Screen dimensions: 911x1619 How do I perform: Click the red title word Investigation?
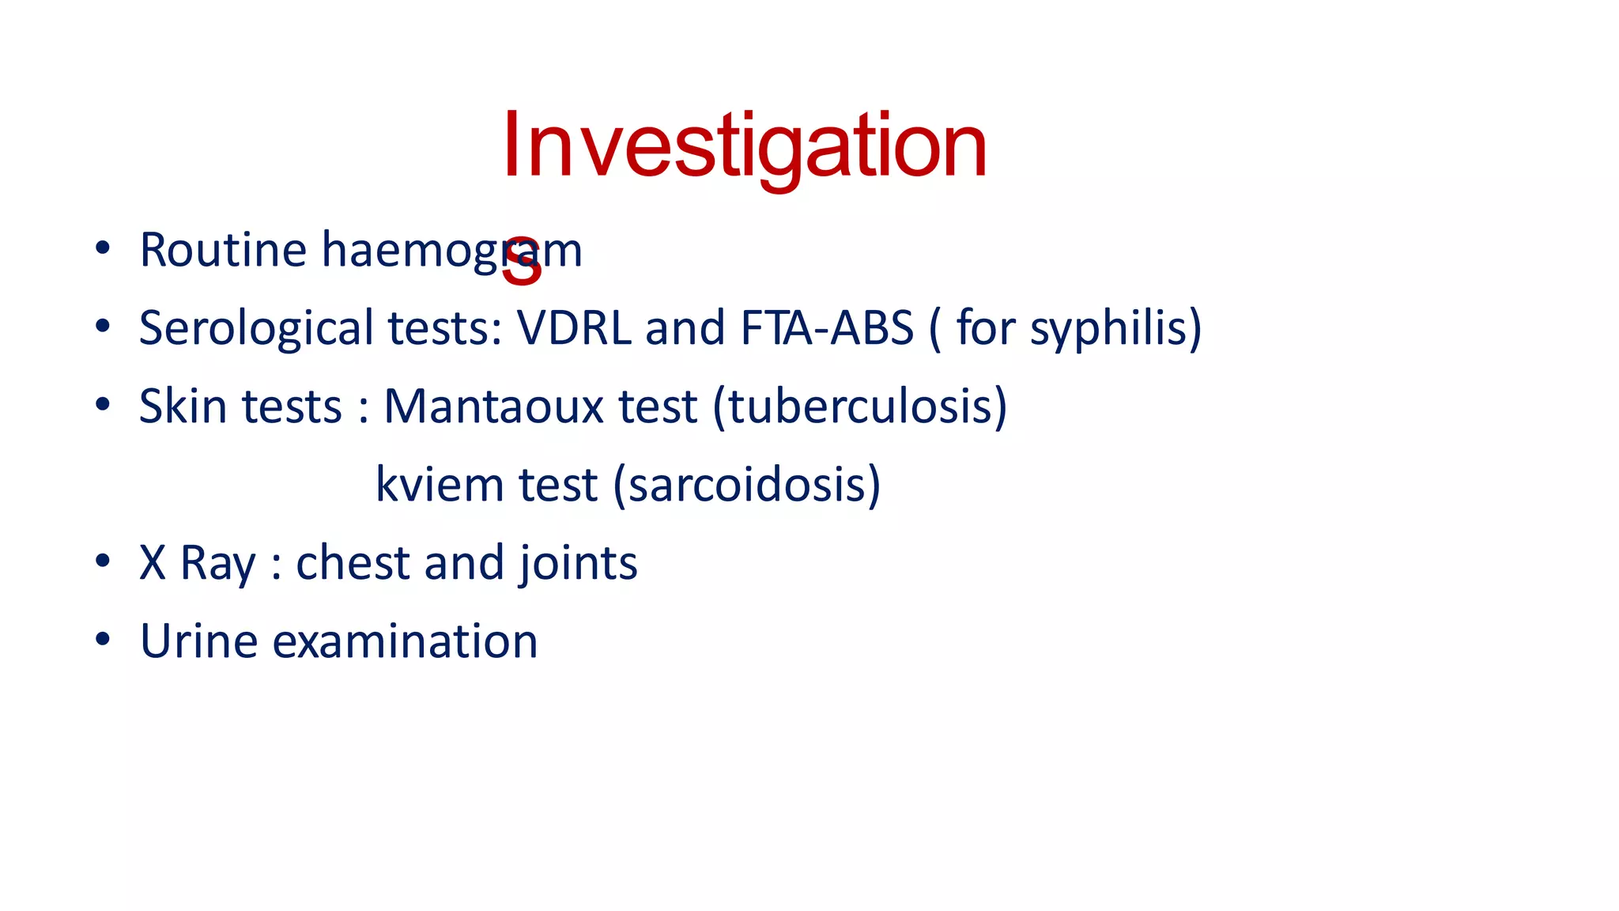(743, 146)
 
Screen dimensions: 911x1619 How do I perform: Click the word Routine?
(223, 250)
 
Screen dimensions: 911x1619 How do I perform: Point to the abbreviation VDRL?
(574, 328)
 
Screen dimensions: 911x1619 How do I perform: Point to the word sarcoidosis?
(746, 484)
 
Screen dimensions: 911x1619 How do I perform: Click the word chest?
(353, 563)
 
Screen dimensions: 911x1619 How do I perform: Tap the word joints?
(578, 563)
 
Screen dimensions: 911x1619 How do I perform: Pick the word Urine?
(198, 641)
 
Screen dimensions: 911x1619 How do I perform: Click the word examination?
(405, 641)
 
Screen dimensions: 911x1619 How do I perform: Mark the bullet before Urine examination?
(102, 639)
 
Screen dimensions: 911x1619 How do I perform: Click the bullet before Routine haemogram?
(102, 248)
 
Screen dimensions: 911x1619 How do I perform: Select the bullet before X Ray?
(102, 561)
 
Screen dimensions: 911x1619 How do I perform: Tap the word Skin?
(183, 406)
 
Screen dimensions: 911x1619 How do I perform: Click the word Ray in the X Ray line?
(217, 563)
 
